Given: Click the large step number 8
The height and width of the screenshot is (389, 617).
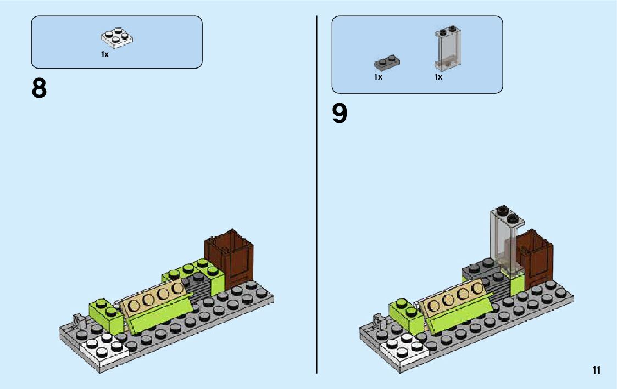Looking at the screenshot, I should (39, 88).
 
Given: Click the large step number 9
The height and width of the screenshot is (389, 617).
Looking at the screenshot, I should (340, 114).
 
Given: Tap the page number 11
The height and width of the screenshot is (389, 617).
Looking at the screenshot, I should (597, 370).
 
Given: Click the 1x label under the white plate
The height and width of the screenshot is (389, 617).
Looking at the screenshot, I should (105, 54).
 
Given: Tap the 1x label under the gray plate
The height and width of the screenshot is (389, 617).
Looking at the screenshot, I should (378, 77).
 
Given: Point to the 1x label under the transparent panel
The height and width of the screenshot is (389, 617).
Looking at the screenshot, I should (438, 77).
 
